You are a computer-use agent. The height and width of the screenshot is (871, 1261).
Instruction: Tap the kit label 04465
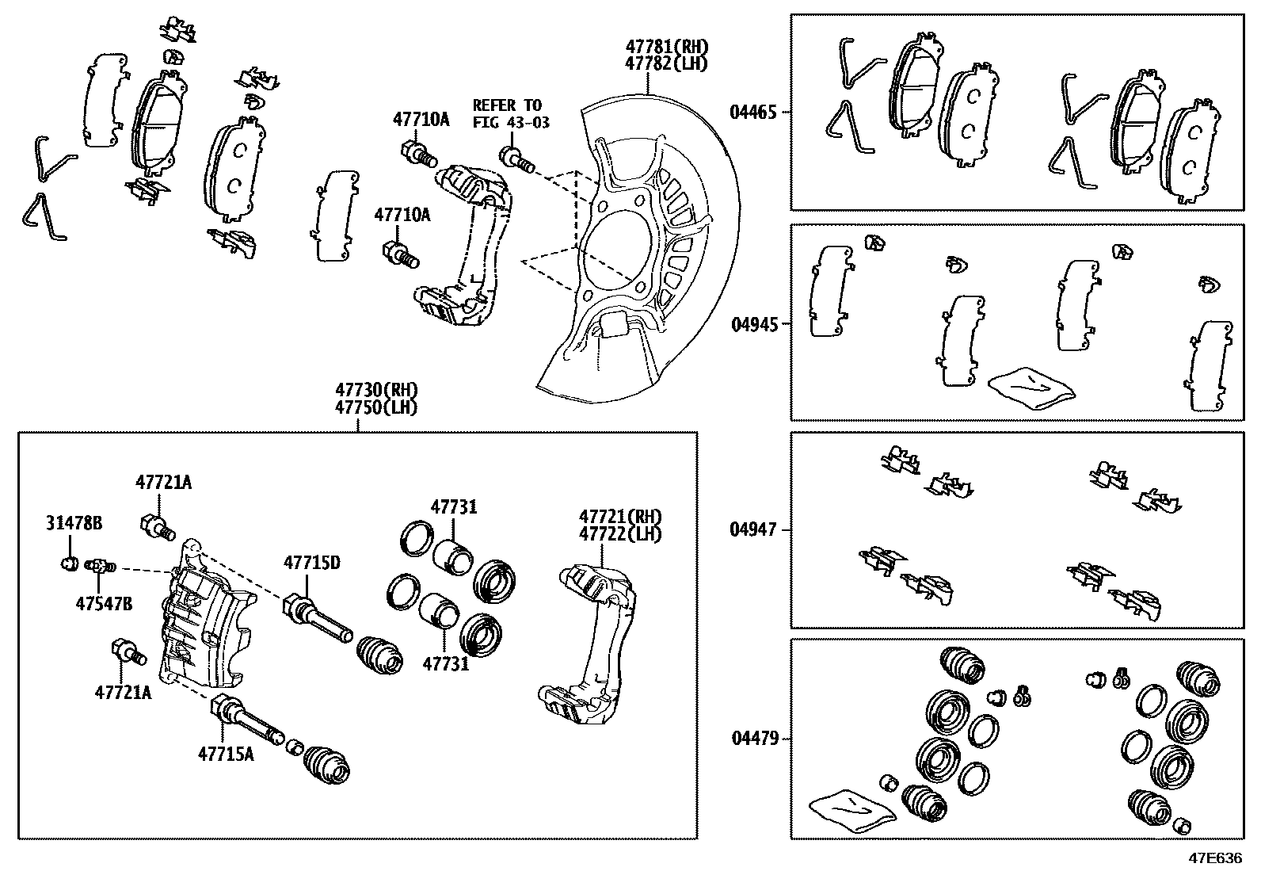tap(752, 113)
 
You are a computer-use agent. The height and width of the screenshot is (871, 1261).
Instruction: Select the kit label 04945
tap(752, 323)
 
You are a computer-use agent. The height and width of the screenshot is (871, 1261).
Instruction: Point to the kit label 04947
tap(752, 529)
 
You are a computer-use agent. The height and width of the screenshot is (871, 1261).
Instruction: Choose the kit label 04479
tap(752, 739)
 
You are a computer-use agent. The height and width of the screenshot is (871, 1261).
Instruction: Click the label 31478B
tap(73, 523)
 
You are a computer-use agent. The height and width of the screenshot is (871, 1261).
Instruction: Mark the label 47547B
tap(104, 603)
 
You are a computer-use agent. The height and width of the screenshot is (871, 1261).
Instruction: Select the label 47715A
tap(226, 754)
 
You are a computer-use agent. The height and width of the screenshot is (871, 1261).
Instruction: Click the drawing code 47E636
tap(1214, 858)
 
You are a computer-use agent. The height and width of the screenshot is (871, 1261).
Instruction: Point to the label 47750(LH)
tap(375, 407)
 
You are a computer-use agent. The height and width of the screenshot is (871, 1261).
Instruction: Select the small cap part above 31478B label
tap(69, 563)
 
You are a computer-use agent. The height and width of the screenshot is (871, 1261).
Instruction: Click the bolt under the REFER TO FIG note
tap(516, 159)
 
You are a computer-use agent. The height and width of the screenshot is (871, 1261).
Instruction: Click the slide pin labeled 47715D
tap(317, 621)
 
